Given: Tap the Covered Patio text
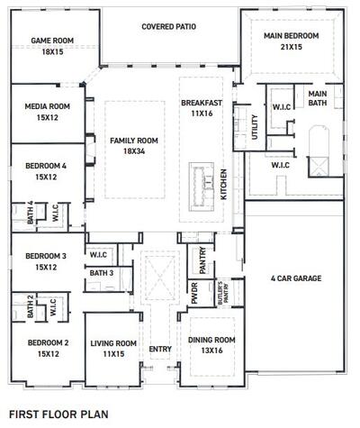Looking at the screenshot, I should (168, 27).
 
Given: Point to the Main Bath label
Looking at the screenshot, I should (318, 99).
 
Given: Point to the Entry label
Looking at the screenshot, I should (160, 350).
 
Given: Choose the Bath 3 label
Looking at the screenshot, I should (101, 273).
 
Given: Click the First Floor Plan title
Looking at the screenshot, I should (58, 414).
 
